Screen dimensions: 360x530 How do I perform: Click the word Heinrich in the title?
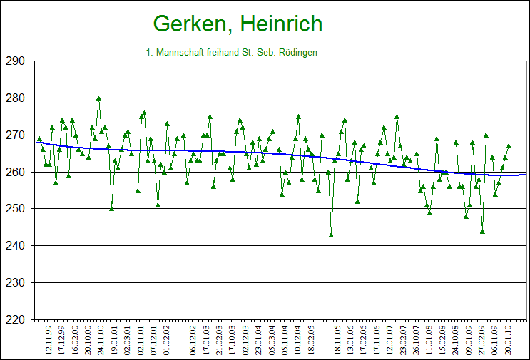(281, 24)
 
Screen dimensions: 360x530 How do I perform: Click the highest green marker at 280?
(98, 98)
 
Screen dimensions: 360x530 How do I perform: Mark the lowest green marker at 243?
(331, 235)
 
